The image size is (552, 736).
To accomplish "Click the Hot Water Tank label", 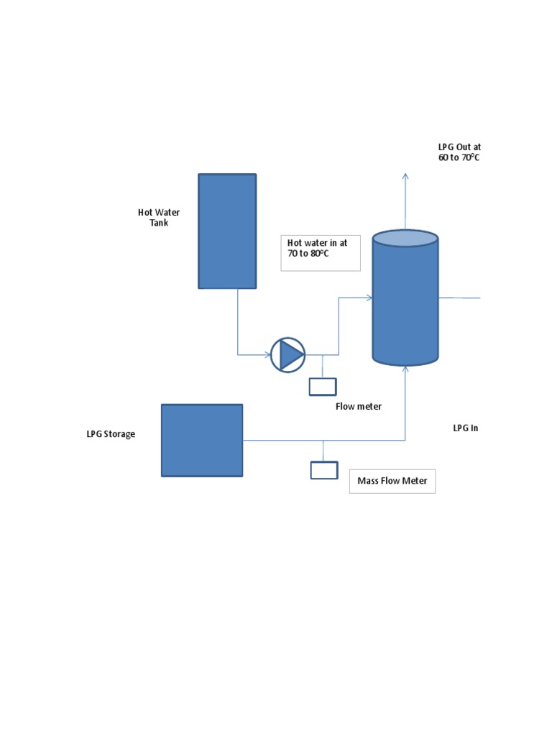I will click(159, 217).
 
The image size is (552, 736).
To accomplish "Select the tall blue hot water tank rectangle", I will click(227, 231).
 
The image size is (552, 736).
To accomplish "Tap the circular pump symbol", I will click(287, 354).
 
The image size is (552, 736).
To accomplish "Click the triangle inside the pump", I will click(290, 354).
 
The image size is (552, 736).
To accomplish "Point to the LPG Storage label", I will click(111, 434).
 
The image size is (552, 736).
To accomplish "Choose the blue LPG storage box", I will click(202, 440).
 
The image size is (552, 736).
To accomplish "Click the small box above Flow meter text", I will click(323, 387).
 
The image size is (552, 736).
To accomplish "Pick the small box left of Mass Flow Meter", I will click(323, 470).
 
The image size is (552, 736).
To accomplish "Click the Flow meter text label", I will click(358, 406).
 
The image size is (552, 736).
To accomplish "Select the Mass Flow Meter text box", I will click(392, 481).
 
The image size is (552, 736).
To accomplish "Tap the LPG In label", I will click(465, 428).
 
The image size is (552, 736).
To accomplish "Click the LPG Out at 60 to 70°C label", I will click(459, 152).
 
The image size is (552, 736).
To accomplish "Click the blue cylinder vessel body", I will click(405, 302).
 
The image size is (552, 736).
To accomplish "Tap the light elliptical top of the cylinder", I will click(405, 239).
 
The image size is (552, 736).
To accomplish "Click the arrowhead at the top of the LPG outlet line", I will click(405, 176).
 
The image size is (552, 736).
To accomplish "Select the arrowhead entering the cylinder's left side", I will click(369, 298).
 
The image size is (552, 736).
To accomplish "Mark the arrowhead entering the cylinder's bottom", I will click(405, 369).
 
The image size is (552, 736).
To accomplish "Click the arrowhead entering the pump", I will click(267, 354).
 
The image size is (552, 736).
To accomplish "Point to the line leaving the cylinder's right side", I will click(459, 298).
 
